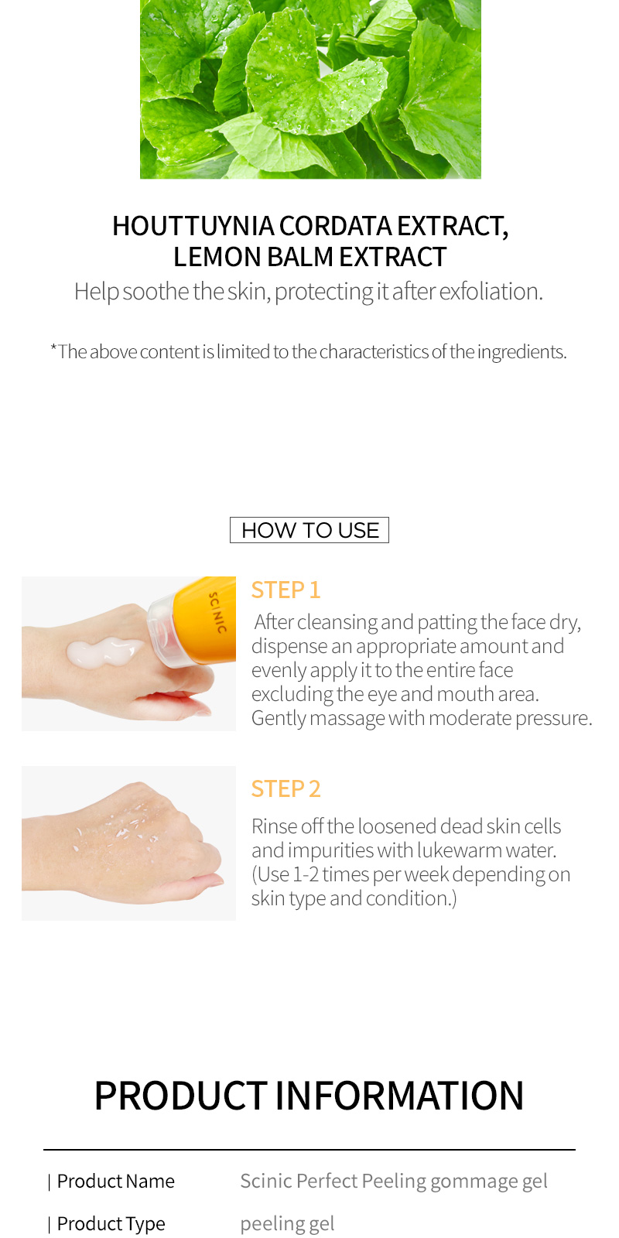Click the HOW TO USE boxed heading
[309, 530]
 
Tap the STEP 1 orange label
[286, 590]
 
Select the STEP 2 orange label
[286, 788]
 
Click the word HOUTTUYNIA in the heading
[193, 226]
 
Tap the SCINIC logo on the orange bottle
[217, 612]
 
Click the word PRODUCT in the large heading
[181, 1096]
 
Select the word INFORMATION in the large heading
[399, 1096]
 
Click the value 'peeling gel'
[287, 1223]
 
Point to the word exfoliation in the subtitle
[491, 291]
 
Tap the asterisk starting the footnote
[53, 348]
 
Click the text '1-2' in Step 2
[306, 874]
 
